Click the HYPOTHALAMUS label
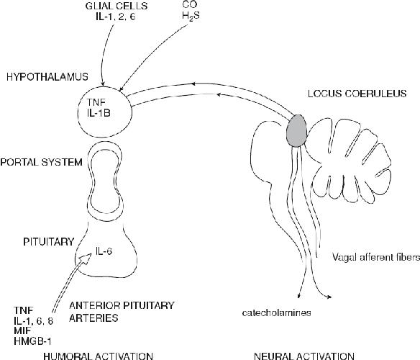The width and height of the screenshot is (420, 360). (x=47, y=77)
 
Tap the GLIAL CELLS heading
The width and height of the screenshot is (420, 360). (x=117, y=6)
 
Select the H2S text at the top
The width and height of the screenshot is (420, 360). (x=191, y=16)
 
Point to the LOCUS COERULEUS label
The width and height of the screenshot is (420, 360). (x=357, y=94)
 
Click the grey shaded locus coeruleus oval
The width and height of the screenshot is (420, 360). (x=296, y=130)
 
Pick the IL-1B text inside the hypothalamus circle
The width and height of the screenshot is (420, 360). (x=99, y=113)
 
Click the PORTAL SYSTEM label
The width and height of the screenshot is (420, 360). (x=41, y=162)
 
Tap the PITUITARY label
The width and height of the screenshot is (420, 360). (x=48, y=242)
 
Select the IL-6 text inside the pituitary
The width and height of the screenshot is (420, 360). (x=104, y=251)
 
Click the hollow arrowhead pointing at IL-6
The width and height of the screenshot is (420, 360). (x=86, y=258)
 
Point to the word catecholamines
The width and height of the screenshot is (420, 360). (x=276, y=312)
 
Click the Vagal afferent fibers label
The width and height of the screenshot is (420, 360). (x=376, y=257)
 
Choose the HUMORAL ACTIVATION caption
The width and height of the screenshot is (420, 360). (x=98, y=356)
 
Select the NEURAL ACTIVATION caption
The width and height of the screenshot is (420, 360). (x=303, y=356)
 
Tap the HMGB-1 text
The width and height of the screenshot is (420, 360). (x=32, y=341)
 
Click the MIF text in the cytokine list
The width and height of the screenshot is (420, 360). (x=22, y=330)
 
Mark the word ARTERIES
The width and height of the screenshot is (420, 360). (x=93, y=318)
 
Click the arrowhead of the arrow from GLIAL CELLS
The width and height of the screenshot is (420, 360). (x=103, y=84)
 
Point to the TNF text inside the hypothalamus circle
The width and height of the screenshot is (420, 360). (x=96, y=102)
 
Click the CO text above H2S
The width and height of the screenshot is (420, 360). (x=190, y=4)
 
